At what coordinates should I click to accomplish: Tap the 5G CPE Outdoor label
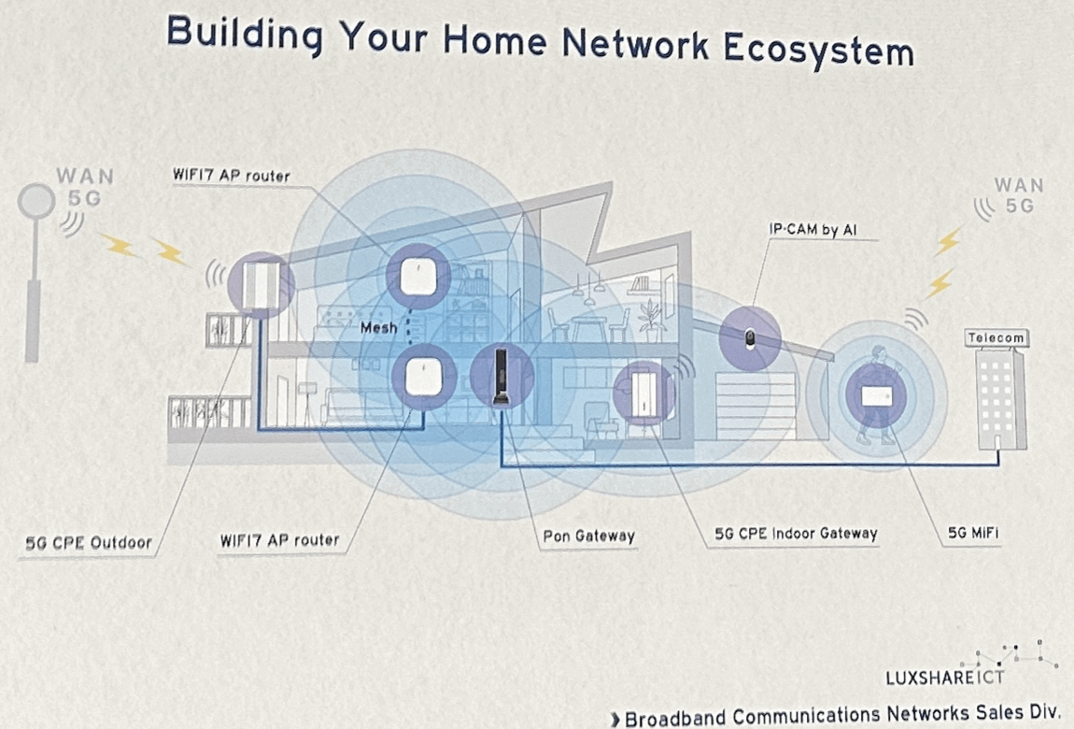88,541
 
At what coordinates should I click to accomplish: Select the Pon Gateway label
588,536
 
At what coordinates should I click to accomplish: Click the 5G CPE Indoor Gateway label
796,534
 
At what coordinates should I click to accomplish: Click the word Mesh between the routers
379,328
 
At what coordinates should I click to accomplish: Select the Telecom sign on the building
996,337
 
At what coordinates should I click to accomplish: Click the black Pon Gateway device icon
502,376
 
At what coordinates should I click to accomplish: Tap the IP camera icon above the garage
750,339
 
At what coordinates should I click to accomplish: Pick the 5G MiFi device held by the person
875,396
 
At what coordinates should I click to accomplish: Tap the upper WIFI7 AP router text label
231,176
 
